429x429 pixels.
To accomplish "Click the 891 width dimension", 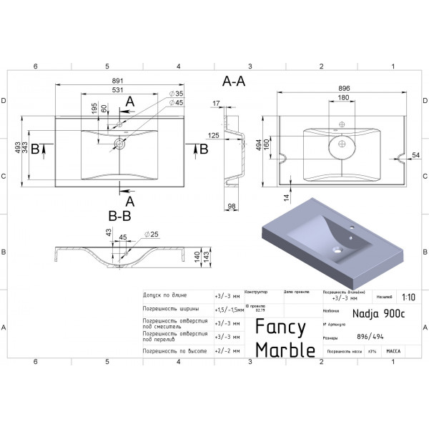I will [118, 81].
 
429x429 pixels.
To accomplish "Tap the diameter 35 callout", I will [176, 94].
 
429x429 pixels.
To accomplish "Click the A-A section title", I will [235, 81].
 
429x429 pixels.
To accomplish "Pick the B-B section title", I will [119, 214].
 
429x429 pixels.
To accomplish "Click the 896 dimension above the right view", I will [343, 89].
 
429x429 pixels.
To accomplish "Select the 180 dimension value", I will [343, 98].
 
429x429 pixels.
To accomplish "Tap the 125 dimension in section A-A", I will [214, 134].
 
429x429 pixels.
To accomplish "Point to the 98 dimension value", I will [232, 206].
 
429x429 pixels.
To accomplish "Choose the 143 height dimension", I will [207, 257].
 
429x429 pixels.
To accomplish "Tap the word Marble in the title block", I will [285, 350].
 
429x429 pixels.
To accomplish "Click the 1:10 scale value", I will [408, 297].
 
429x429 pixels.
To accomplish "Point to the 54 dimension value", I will [416, 155].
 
